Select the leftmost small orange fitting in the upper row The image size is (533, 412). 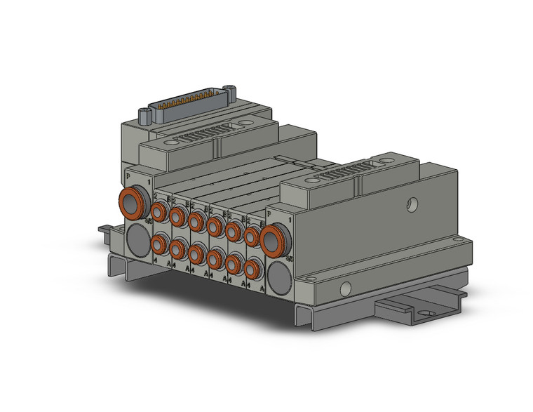[159, 209]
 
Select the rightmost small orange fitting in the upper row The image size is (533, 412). [252, 236]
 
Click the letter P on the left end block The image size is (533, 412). [127, 174]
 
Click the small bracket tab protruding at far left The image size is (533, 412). [103, 228]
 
